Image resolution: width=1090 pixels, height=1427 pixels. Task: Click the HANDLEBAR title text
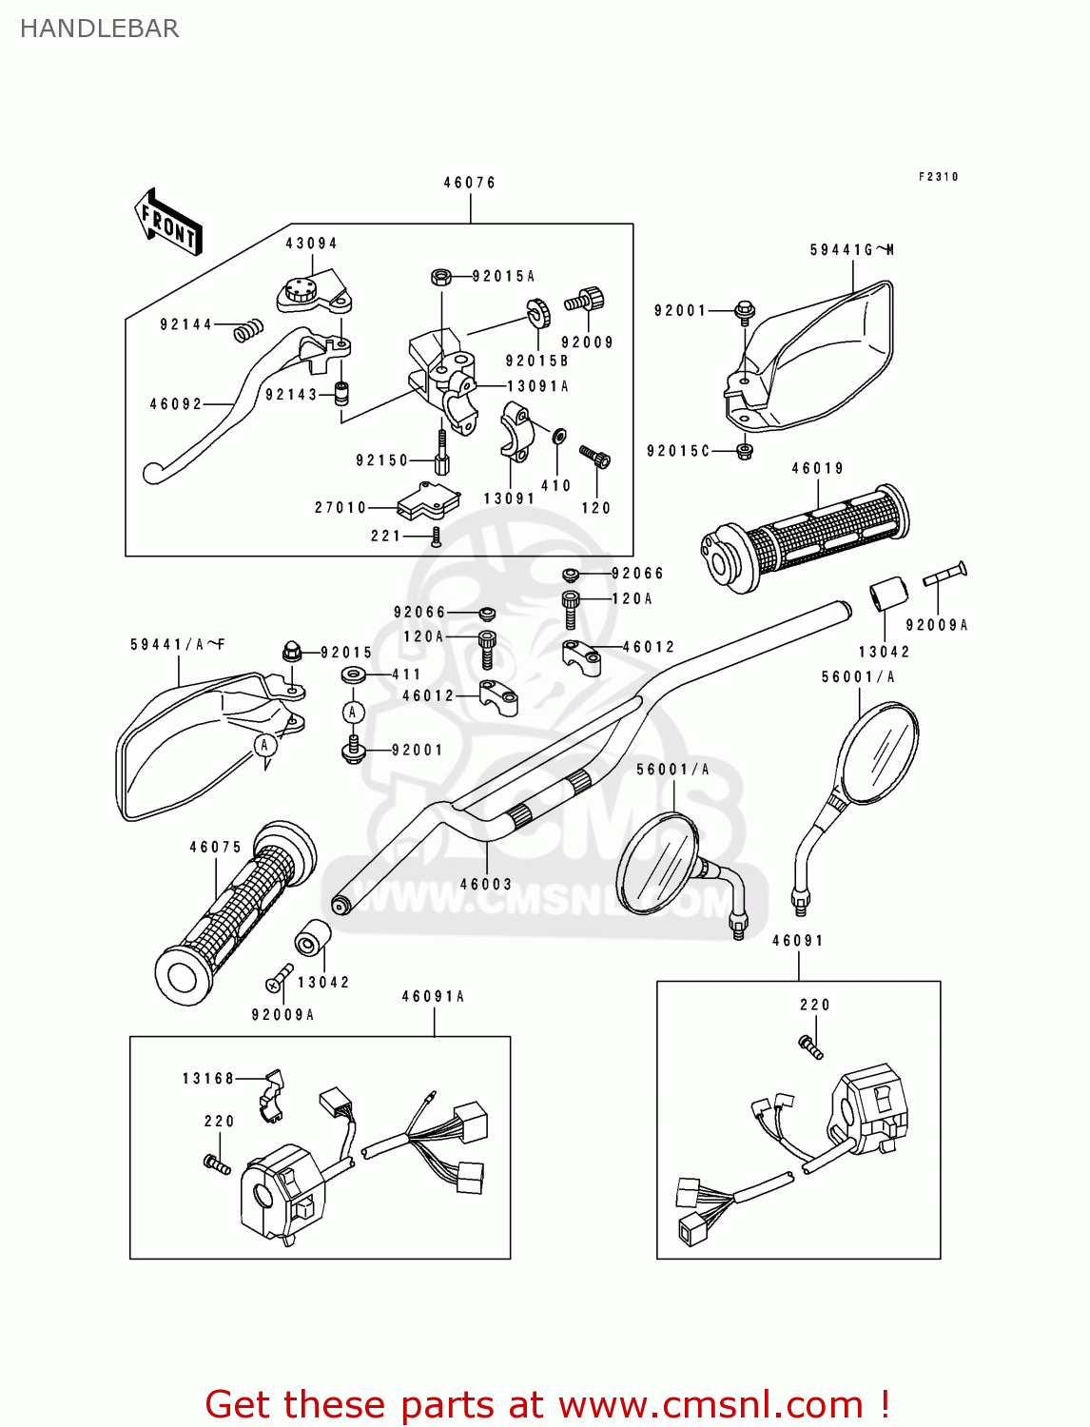click(99, 29)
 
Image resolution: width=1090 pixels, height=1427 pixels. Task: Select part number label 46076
click(470, 183)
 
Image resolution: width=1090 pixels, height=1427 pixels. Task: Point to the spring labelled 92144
click(248, 329)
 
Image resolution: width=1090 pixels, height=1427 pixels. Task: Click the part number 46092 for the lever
click(176, 404)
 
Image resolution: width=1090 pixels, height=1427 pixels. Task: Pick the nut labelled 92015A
click(440, 277)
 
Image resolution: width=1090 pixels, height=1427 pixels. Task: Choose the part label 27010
click(341, 508)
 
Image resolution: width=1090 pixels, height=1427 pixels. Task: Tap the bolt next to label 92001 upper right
click(745, 311)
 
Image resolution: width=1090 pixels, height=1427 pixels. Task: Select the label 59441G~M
click(852, 250)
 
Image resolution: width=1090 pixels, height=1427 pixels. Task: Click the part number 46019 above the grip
click(818, 468)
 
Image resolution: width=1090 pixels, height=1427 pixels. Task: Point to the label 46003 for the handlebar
click(486, 884)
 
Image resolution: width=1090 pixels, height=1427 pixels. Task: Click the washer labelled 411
click(354, 674)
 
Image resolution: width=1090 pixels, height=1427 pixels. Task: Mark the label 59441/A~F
click(178, 645)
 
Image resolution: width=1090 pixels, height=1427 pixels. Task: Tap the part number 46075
click(216, 847)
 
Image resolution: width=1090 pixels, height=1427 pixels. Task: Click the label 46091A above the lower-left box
click(433, 997)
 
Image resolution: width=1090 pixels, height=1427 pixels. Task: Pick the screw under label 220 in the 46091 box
click(810, 1046)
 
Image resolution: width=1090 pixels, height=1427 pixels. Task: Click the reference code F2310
click(939, 177)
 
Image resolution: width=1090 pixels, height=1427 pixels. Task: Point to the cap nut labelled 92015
click(292, 652)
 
